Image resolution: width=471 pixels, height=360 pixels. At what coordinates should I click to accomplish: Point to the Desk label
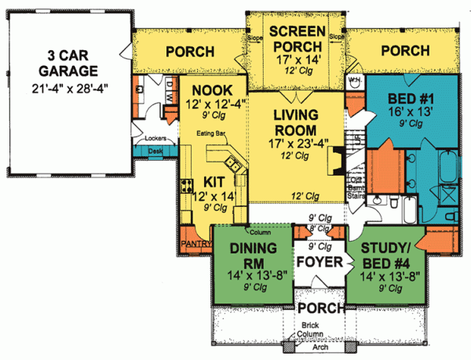pyautogui.click(x=155, y=151)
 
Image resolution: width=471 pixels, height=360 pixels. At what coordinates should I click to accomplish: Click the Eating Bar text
pyautogui.click(x=212, y=134)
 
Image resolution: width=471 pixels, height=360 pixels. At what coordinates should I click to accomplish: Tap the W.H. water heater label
pyautogui.click(x=353, y=80)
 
